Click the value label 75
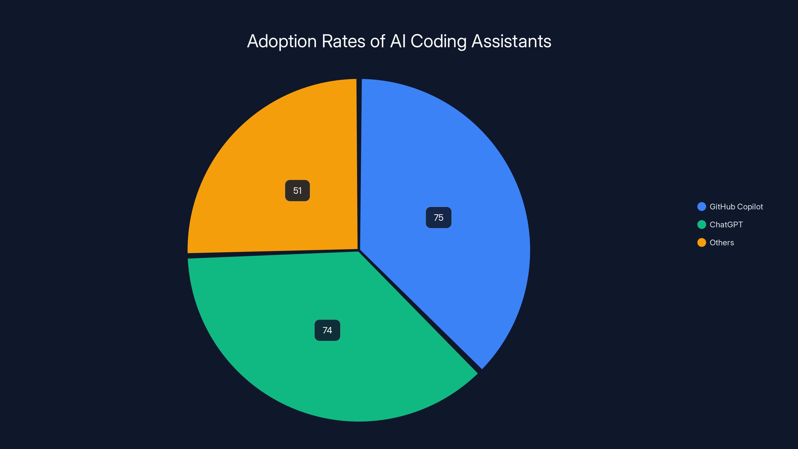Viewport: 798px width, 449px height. (x=438, y=218)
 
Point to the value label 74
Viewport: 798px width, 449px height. (x=327, y=330)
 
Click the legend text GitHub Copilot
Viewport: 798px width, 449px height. (x=736, y=207)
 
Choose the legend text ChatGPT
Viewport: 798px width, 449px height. (x=726, y=225)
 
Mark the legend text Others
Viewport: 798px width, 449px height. (x=722, y=243)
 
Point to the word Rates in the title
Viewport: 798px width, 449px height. (x=343, y=41)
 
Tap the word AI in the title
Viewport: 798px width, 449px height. (x=398, y=41)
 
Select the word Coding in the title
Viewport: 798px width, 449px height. (x=438, y=41)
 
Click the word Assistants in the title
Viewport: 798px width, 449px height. (x=511, y=41)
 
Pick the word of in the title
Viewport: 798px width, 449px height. (x=378, y=41)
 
